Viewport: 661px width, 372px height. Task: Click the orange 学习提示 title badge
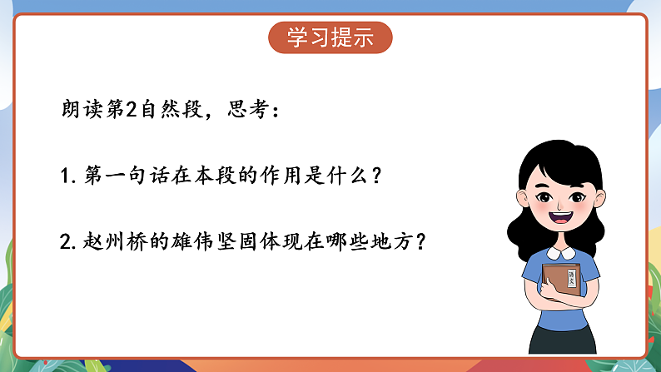(330, 37)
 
